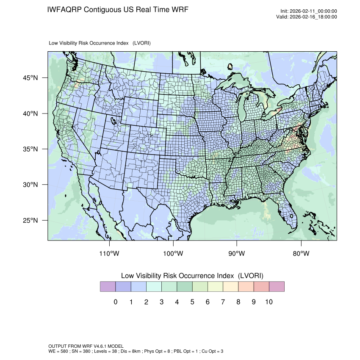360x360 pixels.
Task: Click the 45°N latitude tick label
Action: tap(30, 78)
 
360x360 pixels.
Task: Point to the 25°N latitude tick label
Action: tap(30, 221)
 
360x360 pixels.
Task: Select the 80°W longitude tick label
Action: tap(301, 254)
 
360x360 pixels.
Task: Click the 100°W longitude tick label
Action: tap(173, 254)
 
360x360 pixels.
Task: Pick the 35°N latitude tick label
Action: tap(30, 149)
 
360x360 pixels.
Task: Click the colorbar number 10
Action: tap(269, 302)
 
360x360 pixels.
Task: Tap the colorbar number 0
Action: tap(115, 302)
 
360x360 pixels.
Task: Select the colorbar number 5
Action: tap(192, 302)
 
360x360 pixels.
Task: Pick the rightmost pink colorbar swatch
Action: tap(277, 287)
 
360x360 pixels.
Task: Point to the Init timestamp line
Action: tap(309, 11)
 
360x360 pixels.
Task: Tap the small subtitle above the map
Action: tap(100, 43)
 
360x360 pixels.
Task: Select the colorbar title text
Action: tap(192, 276)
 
